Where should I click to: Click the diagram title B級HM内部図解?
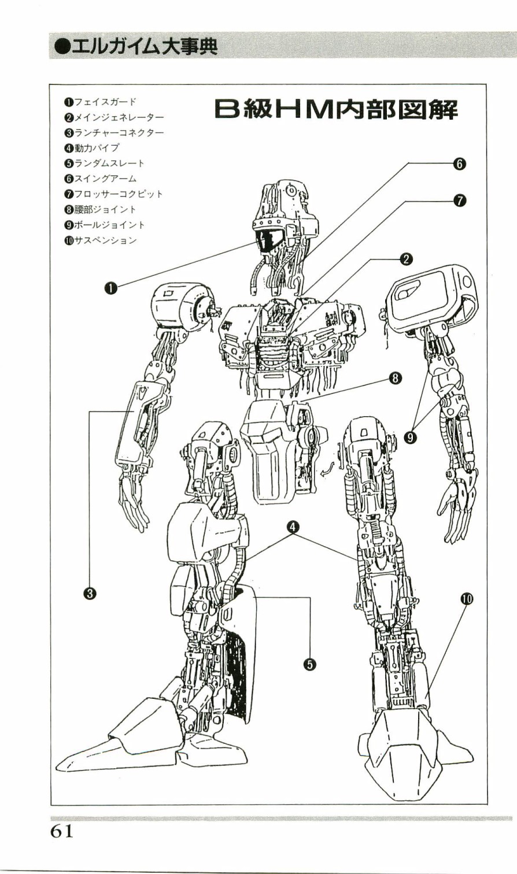pos(336,110)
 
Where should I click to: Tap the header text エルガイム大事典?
pos(135,46)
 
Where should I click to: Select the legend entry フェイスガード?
pos(101,102)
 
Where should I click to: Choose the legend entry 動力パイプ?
pos(92,148)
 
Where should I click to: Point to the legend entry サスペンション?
pos(101,240)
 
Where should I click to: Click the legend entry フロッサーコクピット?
pos(113,194)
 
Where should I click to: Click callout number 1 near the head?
pos(111,288)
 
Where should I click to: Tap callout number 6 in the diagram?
pos(459,164)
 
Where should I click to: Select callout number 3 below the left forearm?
pos(90,594)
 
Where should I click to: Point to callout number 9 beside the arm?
pos(410,438)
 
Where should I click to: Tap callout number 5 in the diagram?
pos(309,665)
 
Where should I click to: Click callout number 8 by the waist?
pos(395,377)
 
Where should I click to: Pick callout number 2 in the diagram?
pos(406,260)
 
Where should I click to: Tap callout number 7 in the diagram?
pos(460,201)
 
